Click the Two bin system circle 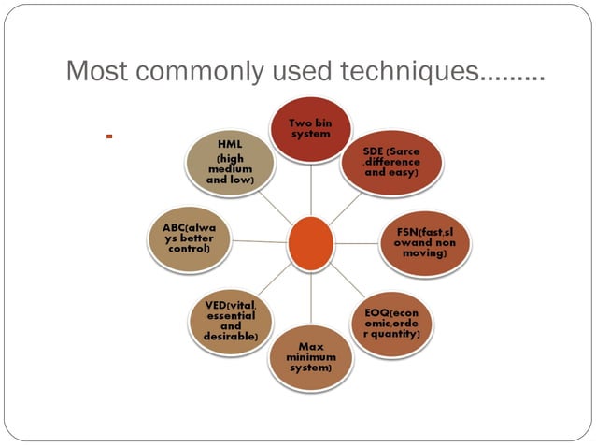tap(311, 130)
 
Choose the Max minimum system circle tap(311, 356)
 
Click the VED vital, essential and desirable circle tap(230, 320)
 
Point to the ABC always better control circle tap(190, 239)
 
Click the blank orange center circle tap(310, 242)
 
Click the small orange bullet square tap(109, 137)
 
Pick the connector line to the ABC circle tap(259, 241)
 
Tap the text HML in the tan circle tap(230, 145)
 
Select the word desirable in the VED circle tap(231, 336)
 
